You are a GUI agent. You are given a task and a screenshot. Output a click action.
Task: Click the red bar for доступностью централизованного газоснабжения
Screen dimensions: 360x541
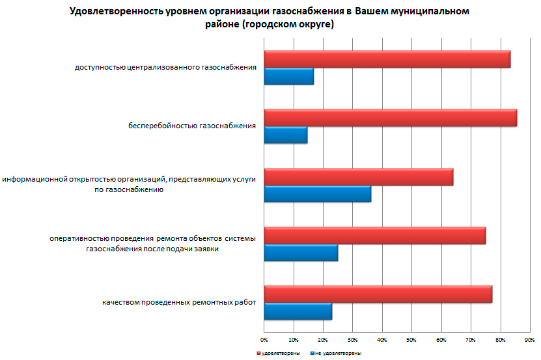pyautogui.click(x=387, y=59)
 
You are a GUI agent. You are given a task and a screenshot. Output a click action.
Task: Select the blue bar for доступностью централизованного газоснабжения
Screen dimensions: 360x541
pyautogui.click(x=288, y=76)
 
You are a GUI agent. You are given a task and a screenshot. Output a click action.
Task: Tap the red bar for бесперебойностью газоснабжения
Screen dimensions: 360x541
pyautogui.click(x=390, y=118)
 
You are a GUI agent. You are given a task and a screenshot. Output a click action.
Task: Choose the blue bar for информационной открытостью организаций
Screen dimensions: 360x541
pyautogui.click(x=317, y=193)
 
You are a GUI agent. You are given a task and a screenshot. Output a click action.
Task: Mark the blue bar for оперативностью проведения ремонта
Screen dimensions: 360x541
pyautogui.click(x=301, y=252)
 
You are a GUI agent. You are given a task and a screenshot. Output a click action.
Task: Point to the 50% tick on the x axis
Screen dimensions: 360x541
pyautogui.click(x=411, y=340)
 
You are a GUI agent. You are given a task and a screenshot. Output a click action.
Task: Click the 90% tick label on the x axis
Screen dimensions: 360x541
pyautogui.click(x=529, y=340)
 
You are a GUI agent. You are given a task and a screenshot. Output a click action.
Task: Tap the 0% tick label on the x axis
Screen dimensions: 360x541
pyautogui.click(x=264, y=340)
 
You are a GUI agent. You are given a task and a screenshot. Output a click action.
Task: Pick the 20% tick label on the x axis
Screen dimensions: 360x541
pyautogui.click(x=323, y=340)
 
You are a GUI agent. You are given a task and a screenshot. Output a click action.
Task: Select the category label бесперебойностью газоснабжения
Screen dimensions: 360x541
pyautogui.click(x=191, y=126)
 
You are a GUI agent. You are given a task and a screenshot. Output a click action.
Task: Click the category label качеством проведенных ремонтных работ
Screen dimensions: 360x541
pyautogui.click(x=179, y=302)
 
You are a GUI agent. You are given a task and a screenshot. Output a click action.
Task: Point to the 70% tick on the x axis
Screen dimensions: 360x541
pyautogui.click(x=470, y=340)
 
